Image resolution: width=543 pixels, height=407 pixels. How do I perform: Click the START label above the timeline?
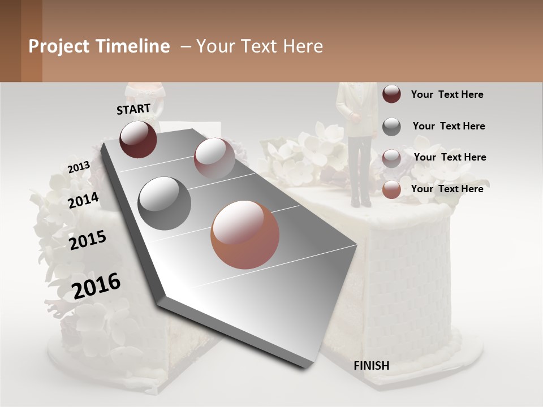(x=133, y=109)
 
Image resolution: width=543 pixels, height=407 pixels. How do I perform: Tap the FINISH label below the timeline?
(x=371, y=366)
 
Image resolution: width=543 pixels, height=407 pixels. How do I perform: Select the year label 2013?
(x=79, y=167)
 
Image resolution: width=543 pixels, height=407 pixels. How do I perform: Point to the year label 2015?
(x=88, y=240)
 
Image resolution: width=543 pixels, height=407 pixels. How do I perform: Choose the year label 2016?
(x=97, y=286)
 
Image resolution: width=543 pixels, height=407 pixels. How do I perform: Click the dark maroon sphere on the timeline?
(x=138, y=139)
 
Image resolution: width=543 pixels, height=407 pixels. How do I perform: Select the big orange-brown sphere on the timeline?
(x=245, y=235)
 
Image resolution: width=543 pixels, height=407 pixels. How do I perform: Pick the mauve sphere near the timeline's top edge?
(x=214, y=158)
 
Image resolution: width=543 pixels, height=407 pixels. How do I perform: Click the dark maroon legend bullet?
(x=391, y=94)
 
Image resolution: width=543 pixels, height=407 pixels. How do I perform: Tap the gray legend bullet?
(x=391, y=127)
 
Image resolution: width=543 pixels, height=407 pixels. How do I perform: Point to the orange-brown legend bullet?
(x=391, y=190)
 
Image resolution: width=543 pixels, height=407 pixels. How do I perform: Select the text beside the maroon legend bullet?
(x=447, y=94)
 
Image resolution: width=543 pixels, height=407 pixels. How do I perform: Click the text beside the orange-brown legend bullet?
(x=447, y=189)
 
